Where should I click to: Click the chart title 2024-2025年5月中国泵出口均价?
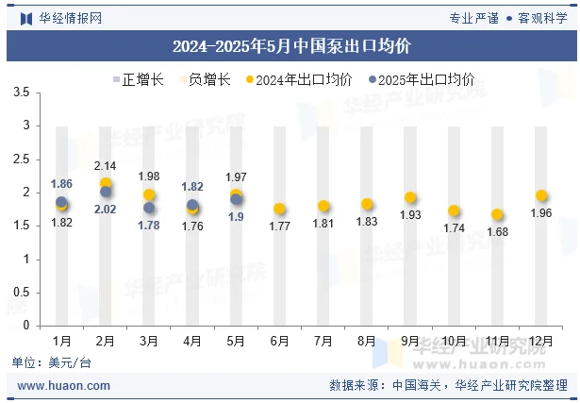(290, 45)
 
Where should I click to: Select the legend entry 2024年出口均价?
(299, 79)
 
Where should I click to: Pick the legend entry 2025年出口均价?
(422, 79)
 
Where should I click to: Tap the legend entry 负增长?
(204, 79)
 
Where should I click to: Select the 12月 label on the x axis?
(540, 340)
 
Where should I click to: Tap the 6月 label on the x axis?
(279, 340)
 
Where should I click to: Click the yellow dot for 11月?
(497, 214)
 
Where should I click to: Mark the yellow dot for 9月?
(410, 198)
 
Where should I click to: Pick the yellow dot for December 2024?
(540, 195)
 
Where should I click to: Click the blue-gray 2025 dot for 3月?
(149, 208)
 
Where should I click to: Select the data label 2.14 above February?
(106, 166)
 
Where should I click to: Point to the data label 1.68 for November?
(497, 232)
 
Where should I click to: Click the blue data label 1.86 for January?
(61, 184)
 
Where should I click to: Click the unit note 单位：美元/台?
(52, 362)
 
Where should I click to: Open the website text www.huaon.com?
(64, 385)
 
